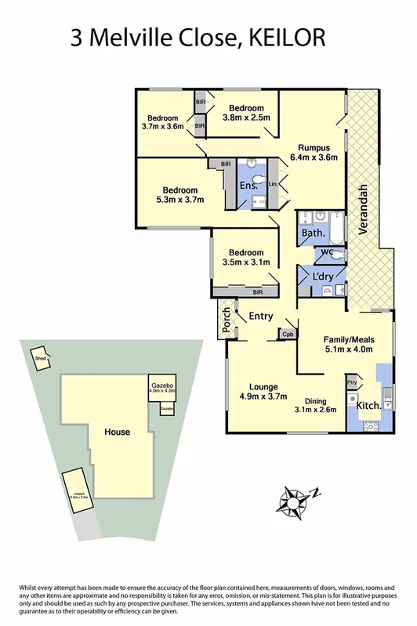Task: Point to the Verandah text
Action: coord(364,209)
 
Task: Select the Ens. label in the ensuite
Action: coord(249,185)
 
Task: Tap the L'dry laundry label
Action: coord(322,278)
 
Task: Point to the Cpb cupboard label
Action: coord(288,334)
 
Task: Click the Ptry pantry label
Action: coord(352,382)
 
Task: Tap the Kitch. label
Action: coord(369,406)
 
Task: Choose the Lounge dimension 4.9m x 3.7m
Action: coord(258,396)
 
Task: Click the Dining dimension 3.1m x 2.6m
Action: coord(316,408)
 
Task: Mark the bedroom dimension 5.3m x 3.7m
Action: coord(179,200)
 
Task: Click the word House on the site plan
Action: coord(118,432)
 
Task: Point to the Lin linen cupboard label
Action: coord(272,183)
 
